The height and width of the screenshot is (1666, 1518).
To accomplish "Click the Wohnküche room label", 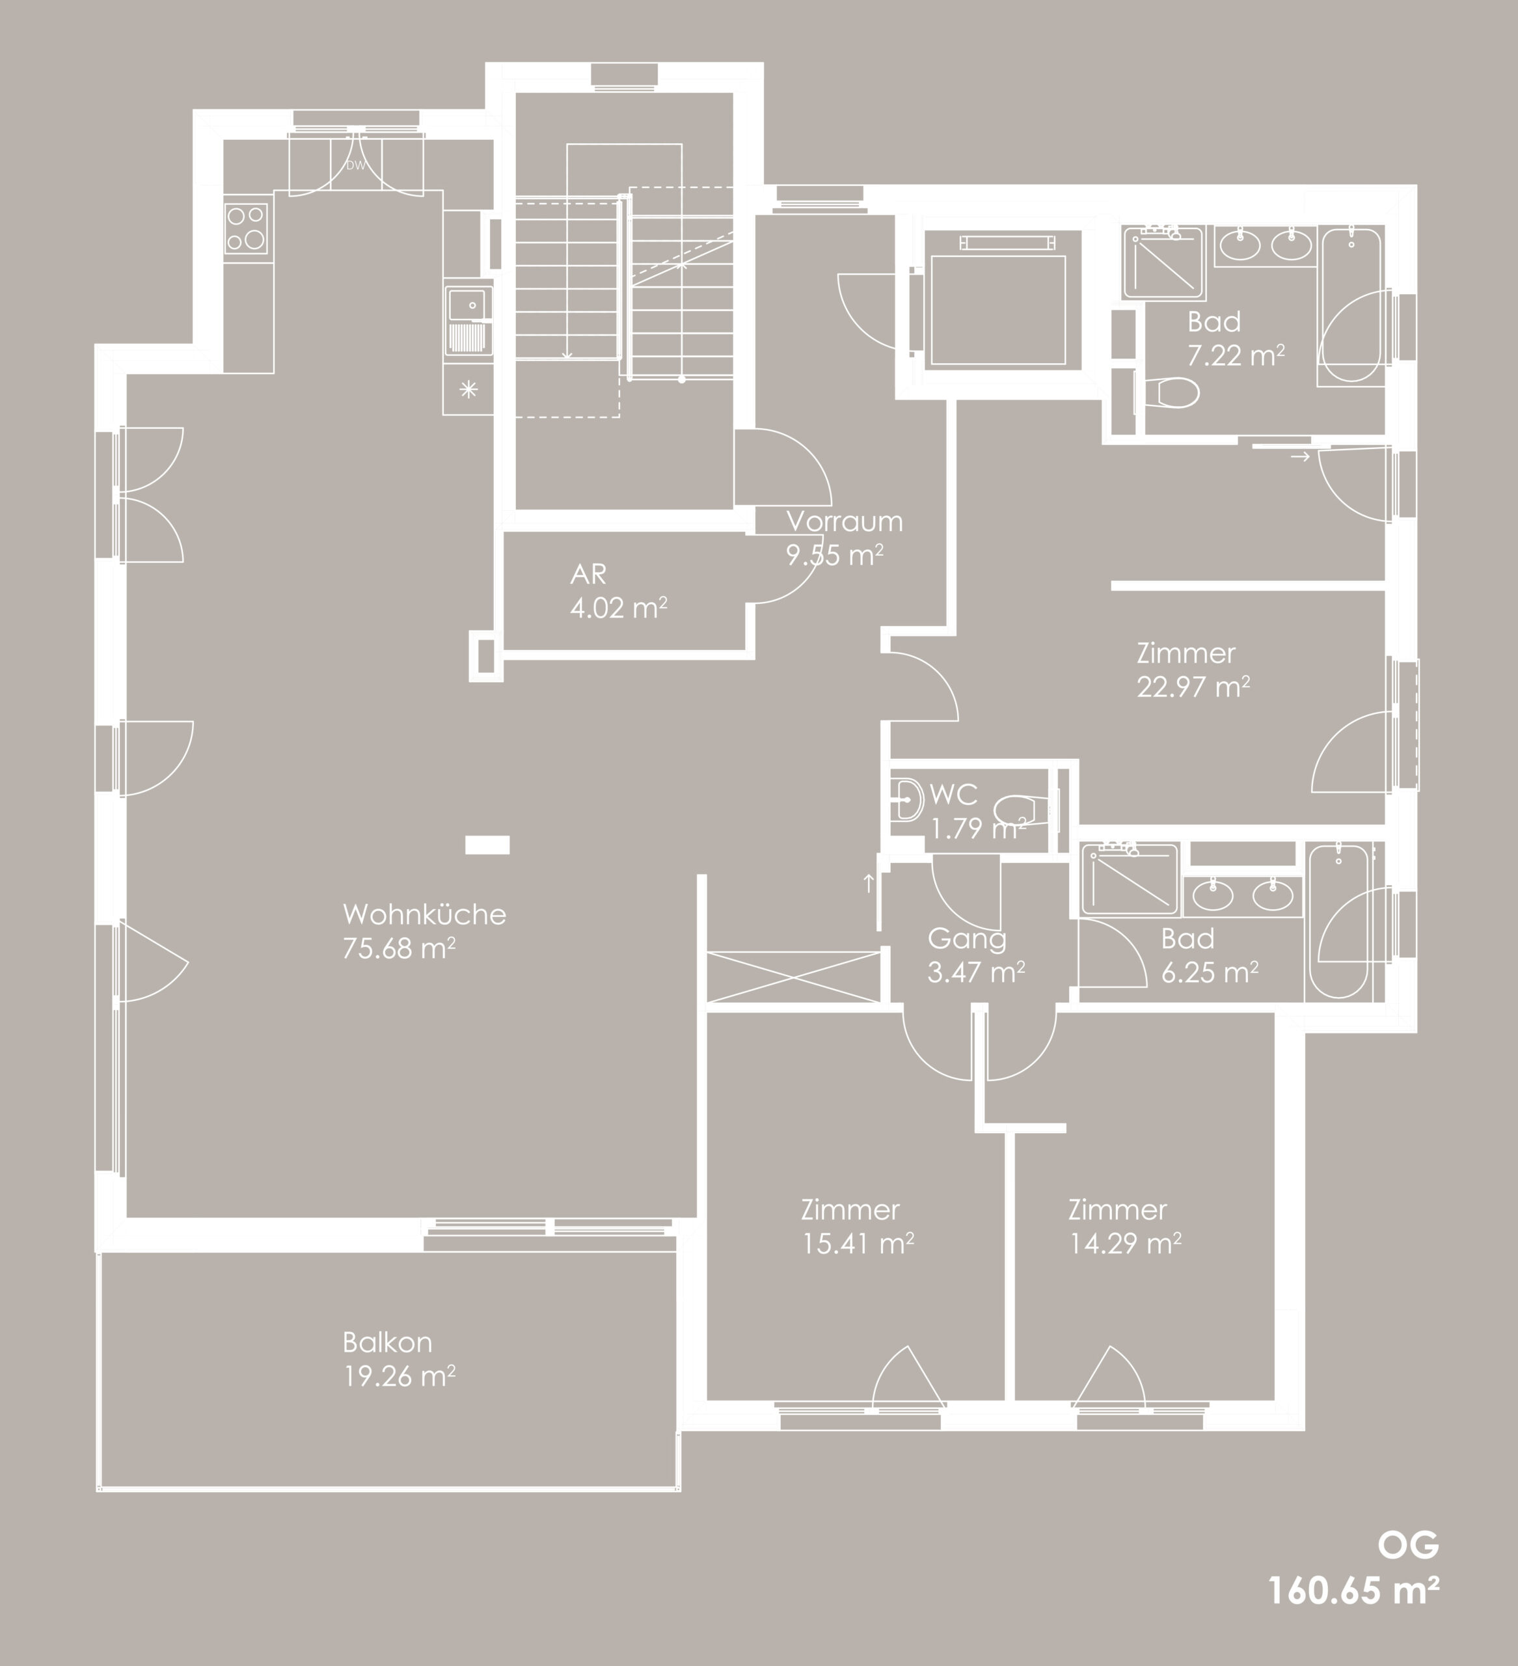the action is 424,914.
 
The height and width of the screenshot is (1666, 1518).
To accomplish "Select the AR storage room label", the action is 588,573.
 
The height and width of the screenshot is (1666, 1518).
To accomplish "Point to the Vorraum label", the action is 845,521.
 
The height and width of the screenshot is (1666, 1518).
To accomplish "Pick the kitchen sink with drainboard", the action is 468,321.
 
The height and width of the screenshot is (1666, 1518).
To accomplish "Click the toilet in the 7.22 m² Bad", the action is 1171,392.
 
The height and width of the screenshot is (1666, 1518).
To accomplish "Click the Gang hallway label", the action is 967,939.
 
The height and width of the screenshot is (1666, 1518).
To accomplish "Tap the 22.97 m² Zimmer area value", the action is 1193,687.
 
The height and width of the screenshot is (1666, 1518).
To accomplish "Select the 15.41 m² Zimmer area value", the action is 858,1244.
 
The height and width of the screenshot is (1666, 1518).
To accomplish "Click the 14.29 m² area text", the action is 1124,1244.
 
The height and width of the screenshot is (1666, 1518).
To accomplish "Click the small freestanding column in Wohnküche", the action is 487,845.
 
